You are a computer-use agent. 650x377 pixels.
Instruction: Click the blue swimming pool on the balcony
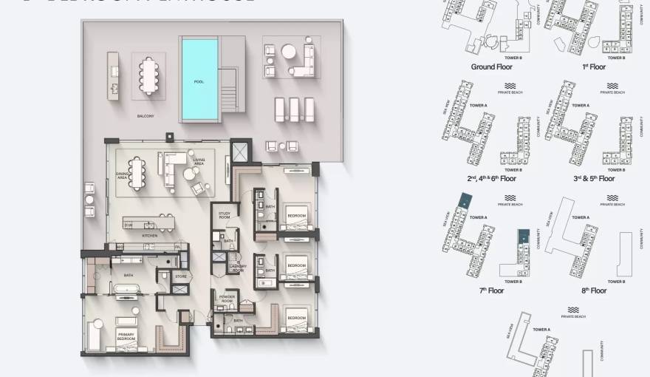click(199, 80)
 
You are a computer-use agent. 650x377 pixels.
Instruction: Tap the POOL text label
click(199, 81)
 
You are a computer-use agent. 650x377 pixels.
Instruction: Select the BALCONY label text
click(145, 116)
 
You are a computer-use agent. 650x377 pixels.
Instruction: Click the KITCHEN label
click(150, 235)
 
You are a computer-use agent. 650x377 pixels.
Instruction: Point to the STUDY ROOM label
click(225, 215)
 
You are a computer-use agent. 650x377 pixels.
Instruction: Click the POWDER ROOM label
click(227, 299)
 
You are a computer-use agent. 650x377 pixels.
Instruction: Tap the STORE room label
click(181, 276)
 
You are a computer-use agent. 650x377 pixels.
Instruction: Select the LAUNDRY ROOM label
click(237, 268)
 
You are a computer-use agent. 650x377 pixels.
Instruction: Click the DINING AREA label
click(122, 175)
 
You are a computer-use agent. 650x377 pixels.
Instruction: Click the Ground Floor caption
click(491, 67)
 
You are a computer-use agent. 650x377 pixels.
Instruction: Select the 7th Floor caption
click(491, 291)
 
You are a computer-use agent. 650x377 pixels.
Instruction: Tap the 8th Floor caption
click(594, 291)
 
